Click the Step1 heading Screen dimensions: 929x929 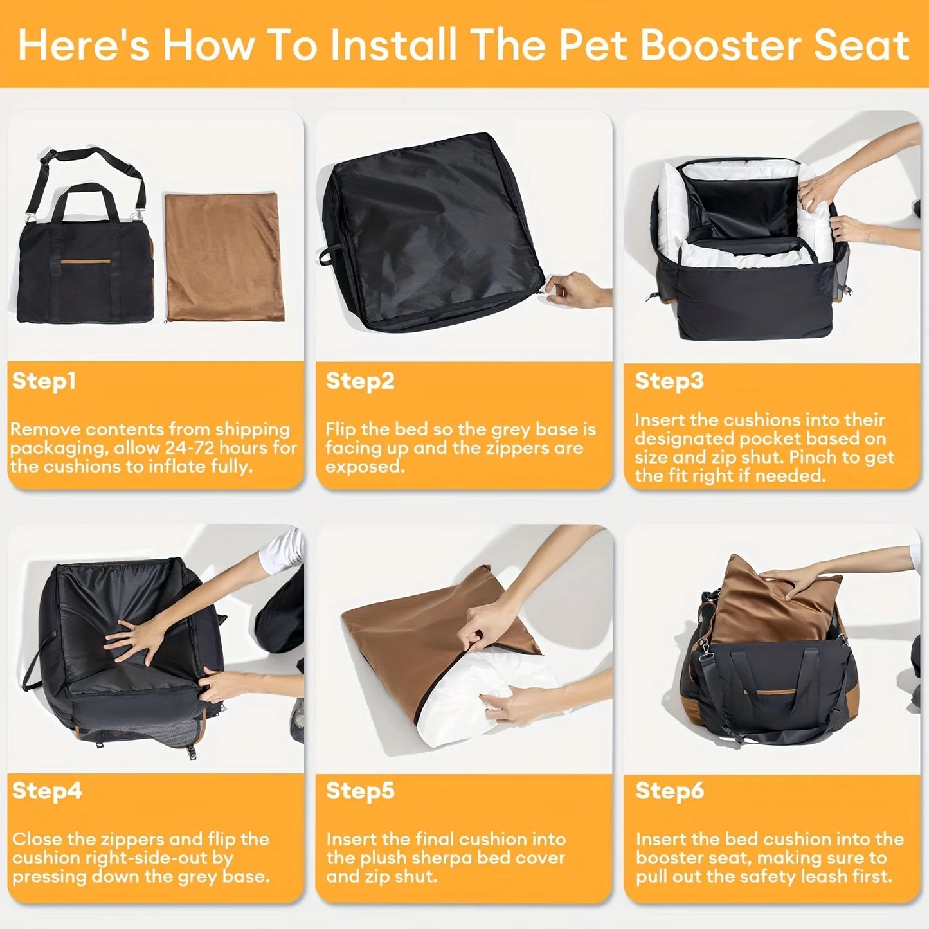click(x=44, y=381)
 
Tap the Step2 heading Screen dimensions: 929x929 click(x=359, y=381)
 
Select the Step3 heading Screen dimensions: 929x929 click(x=669, y=381)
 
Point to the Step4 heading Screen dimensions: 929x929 click(x=46, y=790)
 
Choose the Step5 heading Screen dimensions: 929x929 click(x=359, y=790)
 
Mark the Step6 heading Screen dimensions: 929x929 click(x=669, y=790)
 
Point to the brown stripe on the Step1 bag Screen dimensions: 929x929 click(x=86, y=262)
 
